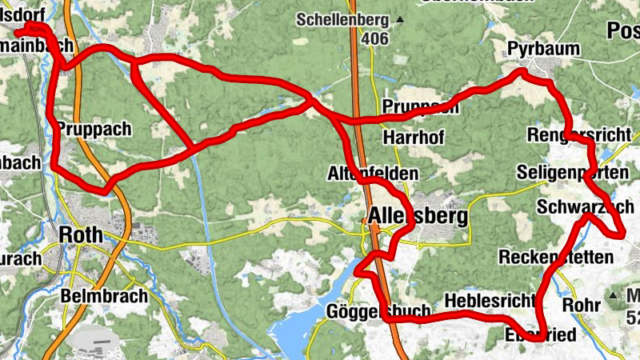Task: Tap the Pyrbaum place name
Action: pos(544,49)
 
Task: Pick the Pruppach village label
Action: pos(93,129)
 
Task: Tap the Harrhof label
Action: pos(414,138)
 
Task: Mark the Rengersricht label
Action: pos(579,134)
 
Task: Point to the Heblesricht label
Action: pos(488,301)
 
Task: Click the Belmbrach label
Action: pos(105,296)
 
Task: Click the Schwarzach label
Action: pos(586,206)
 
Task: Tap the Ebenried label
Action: pos(540,335)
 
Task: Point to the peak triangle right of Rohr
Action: pos(614,295)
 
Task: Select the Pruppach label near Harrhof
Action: pos(420,107)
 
